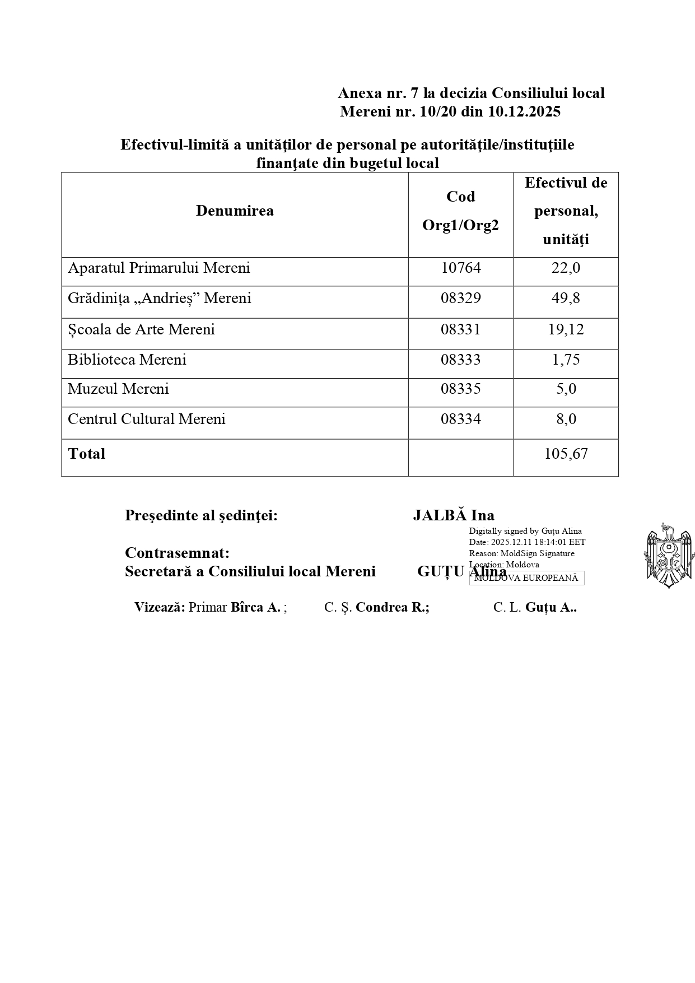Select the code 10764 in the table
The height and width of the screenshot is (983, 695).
460,268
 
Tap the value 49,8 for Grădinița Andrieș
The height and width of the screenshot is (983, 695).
566,299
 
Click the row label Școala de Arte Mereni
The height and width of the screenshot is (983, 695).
141,330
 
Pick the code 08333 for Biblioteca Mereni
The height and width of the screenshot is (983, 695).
460,360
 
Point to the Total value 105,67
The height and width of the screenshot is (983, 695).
566,454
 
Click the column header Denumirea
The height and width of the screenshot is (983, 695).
235,211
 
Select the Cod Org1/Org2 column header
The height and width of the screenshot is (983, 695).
460,211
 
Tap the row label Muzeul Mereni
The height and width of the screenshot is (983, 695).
118,389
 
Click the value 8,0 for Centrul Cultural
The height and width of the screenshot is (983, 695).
566,420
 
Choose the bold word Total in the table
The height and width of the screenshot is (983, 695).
86,454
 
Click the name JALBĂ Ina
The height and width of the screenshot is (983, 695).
453,516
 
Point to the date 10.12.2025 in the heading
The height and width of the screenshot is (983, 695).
524,112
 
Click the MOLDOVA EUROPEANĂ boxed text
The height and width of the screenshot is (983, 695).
526,578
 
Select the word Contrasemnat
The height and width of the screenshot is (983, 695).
177,553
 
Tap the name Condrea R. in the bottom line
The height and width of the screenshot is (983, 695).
392,608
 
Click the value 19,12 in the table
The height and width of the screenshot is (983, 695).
566,330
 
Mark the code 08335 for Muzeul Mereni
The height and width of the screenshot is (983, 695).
460,389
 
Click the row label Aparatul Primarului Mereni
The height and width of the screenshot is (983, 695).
158,268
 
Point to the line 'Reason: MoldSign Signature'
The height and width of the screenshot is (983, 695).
521,553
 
